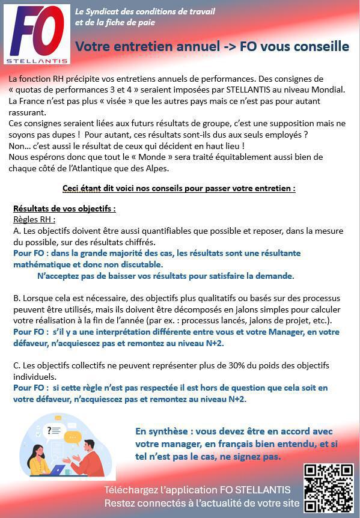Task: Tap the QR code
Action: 328,487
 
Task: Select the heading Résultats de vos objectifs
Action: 64,209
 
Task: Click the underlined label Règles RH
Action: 34,219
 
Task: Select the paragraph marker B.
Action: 16,298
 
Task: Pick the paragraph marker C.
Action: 16,365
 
